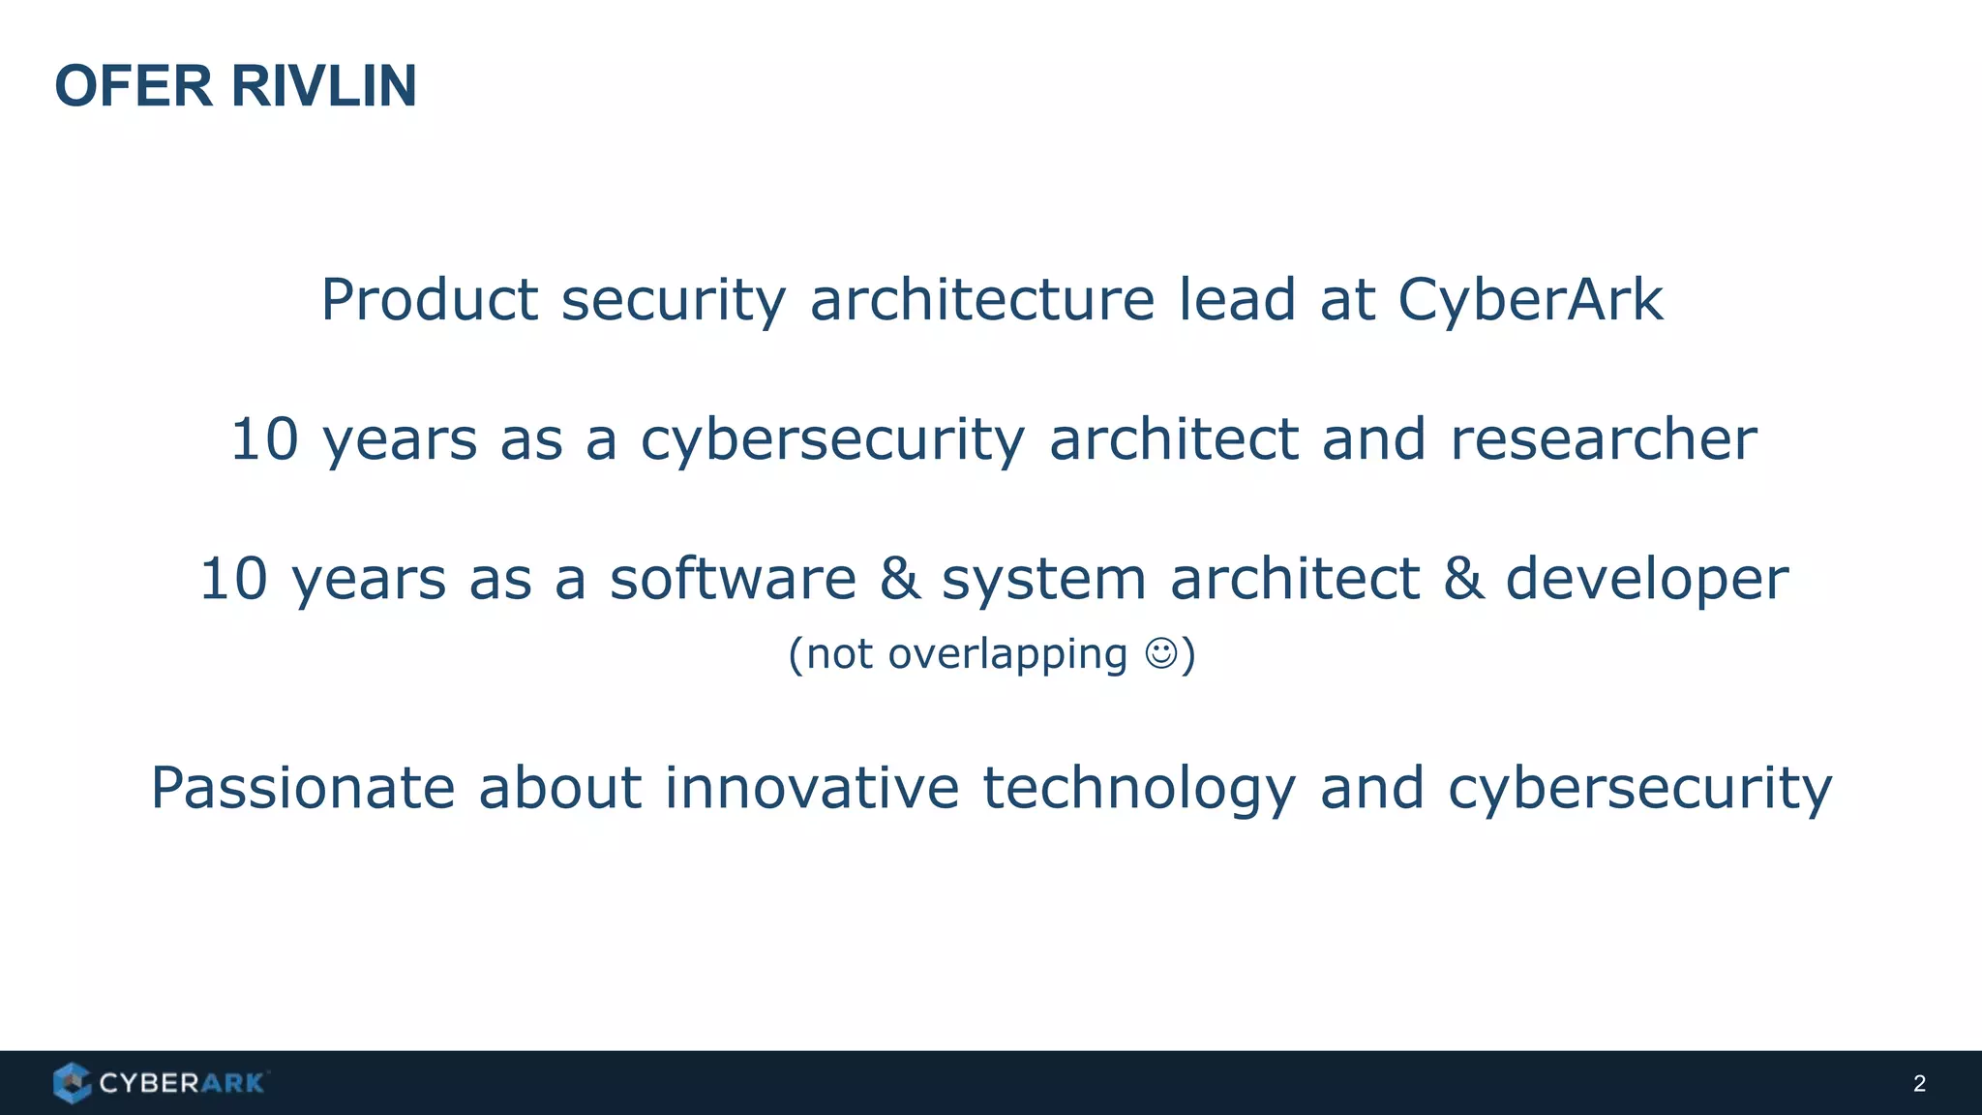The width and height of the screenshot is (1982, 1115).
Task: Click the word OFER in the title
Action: [x=134, y=86]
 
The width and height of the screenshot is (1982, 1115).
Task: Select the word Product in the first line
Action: [x=429, y=299]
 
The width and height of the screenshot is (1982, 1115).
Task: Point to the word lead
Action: [x=1237, y=299]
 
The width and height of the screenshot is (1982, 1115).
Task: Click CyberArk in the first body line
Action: [x=1530, y=299]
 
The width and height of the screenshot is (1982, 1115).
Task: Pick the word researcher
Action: [x=1604, y=439]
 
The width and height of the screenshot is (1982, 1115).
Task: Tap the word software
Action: [x=733, y=579]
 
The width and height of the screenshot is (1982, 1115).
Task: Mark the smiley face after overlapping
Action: [x=1161, y=654]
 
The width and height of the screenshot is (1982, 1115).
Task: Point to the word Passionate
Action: [x=303, y=788]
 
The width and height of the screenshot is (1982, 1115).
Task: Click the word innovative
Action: [x=811, y=788]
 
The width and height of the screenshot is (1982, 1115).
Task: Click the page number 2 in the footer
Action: [x=1919, y=1084]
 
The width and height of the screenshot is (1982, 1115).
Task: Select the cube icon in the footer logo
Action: [x=72, y=1083]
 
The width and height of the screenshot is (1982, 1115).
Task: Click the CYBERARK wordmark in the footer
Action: [x=182, y=1083]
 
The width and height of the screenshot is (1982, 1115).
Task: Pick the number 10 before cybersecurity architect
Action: [x=264, y=439]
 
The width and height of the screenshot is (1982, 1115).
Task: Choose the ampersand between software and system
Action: [x=899, y=579]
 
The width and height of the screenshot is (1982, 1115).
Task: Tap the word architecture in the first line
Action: [x=982, y=299]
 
